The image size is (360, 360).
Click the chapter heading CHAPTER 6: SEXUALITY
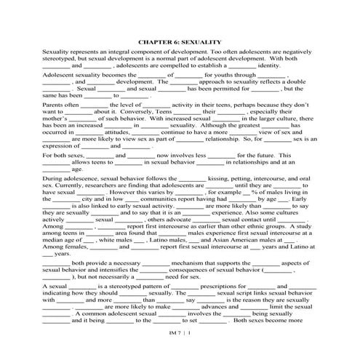pyautogui.click(x=179, y=42)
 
